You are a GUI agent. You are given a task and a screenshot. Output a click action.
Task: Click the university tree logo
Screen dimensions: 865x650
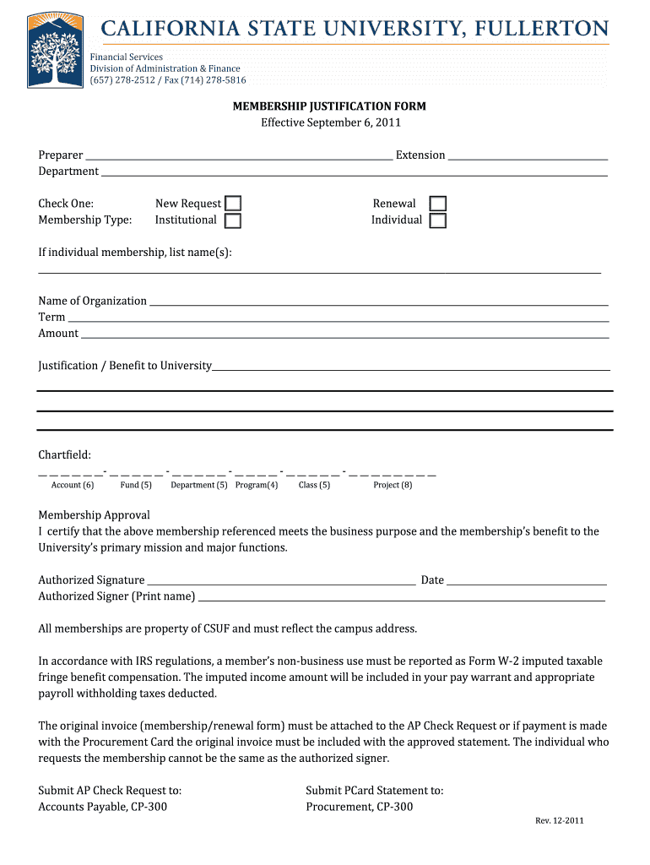click(55, 50)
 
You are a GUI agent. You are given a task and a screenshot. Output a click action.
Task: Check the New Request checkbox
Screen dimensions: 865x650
click(232, 204)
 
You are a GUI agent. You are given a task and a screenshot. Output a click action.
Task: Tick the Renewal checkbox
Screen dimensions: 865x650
click(437, 204)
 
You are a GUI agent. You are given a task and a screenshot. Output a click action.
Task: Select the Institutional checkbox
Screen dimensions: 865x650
click(232, 220)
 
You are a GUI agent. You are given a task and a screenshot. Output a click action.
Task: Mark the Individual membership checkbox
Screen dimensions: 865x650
click(437, 220)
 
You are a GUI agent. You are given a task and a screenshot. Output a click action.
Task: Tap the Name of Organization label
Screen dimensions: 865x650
click(92, 301)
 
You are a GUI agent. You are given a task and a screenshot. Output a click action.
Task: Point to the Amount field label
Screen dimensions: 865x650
click(58, 333)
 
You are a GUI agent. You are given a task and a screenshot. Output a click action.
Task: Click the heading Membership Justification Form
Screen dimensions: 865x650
click(329, 106)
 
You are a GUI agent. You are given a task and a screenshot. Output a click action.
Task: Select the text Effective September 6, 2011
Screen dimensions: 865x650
click(329, 122)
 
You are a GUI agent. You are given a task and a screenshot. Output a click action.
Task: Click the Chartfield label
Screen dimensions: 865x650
click(64, 455)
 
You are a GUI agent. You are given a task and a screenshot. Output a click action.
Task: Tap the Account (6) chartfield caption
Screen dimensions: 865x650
click(72, 485)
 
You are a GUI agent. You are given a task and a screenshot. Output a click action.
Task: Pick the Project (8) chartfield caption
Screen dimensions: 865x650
click(393, 485)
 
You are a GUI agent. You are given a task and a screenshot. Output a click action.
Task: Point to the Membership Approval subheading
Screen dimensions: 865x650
click(94, 515)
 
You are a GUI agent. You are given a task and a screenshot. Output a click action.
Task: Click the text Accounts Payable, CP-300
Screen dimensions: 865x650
click(102, 807)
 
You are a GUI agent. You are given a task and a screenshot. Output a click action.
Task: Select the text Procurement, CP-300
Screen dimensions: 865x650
click(359, 807)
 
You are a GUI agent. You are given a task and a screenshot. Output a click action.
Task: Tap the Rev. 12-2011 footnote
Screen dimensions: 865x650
click(559, 821)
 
